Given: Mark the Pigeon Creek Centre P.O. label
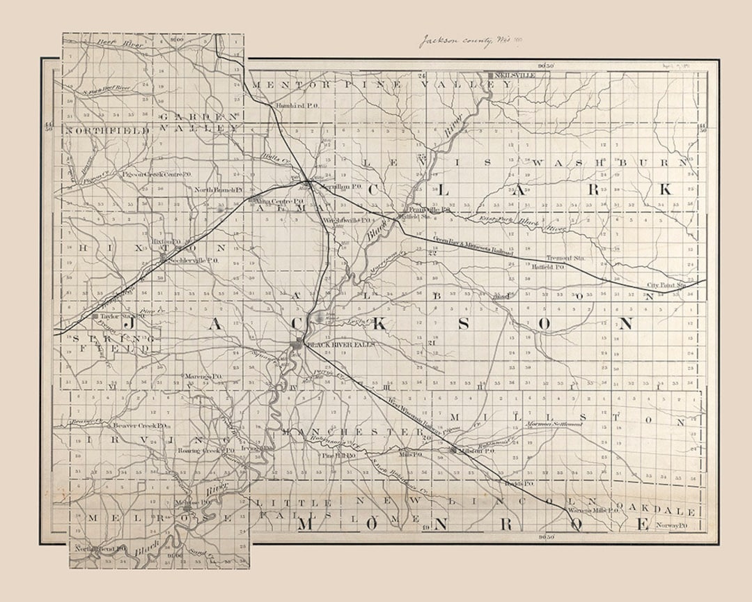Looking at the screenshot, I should (x=156, y=173).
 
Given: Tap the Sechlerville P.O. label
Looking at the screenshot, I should (x=195, y=260).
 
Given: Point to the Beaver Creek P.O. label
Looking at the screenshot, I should (x=139, y=425).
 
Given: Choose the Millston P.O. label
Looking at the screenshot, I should (x=477, y=451).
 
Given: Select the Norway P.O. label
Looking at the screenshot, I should (x=673, y=525).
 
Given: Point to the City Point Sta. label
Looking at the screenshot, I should (x=666, y=285).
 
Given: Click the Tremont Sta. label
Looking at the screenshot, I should (x=565, y=258).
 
